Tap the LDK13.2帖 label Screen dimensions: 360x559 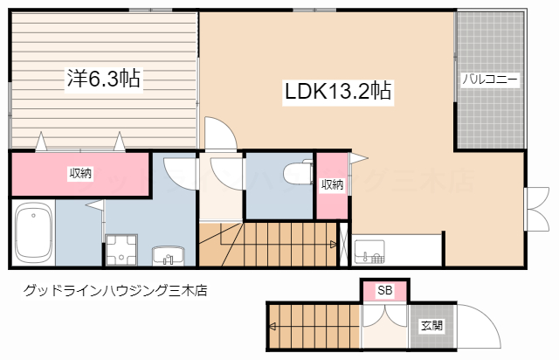coord(336,90)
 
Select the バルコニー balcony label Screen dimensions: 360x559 coord(490,79)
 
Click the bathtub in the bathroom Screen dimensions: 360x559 coord(34,233)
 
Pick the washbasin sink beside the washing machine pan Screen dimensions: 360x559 coord(169,256)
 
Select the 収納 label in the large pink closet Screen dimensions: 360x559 coord(81,174)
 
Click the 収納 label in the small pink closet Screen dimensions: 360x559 coord(332,184)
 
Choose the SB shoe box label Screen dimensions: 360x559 coord(384,290)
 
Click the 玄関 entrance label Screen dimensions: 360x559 coord(431,326)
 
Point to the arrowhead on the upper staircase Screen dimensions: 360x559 coord(334,246)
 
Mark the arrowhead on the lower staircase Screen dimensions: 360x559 coord(273,327)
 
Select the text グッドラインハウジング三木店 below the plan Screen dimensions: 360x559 coord(114,290)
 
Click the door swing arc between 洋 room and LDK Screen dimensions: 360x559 coord(219,133)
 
